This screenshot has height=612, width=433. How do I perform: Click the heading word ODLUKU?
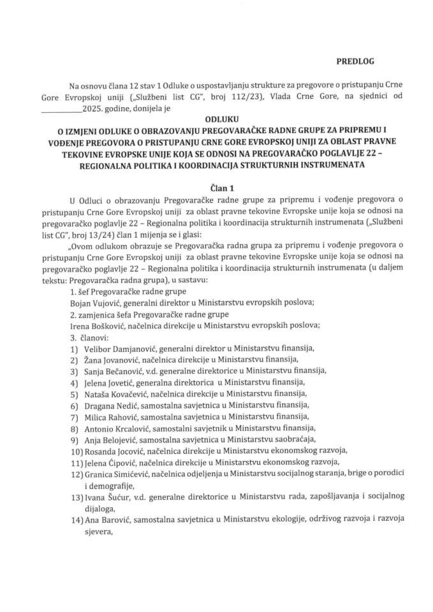click(x=216, y=119)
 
